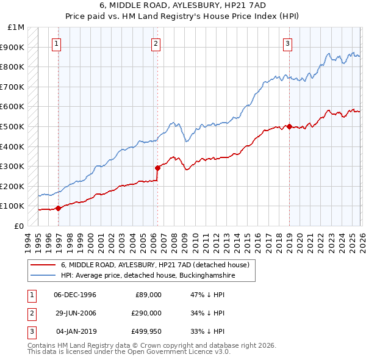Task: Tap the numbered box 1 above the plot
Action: point(56,43)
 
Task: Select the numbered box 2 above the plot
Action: point(156,43)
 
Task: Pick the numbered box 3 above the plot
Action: point(287,43)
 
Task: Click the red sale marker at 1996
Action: point(59,208)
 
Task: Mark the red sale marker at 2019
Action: point(289,126)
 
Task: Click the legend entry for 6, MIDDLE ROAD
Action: point(155,265)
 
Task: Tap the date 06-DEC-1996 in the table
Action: point(75,295)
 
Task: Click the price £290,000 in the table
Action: point(146,313)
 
